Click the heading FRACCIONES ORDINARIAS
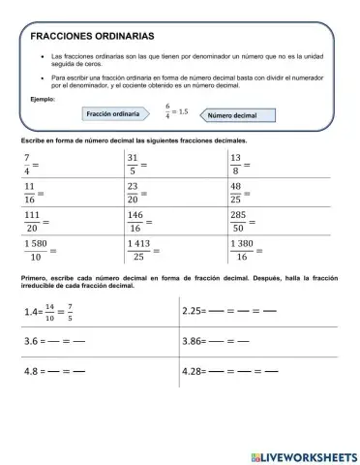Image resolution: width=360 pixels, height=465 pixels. (x=92, y=35)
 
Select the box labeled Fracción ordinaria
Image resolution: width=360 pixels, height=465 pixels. (x=115, y=114)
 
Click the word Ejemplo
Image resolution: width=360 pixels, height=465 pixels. (x=43, y=99)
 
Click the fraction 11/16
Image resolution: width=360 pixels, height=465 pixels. (x=29, y=194)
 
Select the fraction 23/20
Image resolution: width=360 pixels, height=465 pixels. (x=134, y=194)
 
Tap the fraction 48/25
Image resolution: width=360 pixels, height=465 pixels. (x=235, y=194)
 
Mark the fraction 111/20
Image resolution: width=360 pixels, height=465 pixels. (x=32, y=223)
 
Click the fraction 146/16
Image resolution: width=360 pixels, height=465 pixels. (x=135, y=223)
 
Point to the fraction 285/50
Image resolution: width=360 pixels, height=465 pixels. (x=237, y=223)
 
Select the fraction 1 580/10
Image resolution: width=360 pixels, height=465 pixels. (x=35, y=251)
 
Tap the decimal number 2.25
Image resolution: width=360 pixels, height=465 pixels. (x=195, y=312)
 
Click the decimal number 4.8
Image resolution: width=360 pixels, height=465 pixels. (x=34, y=371)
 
